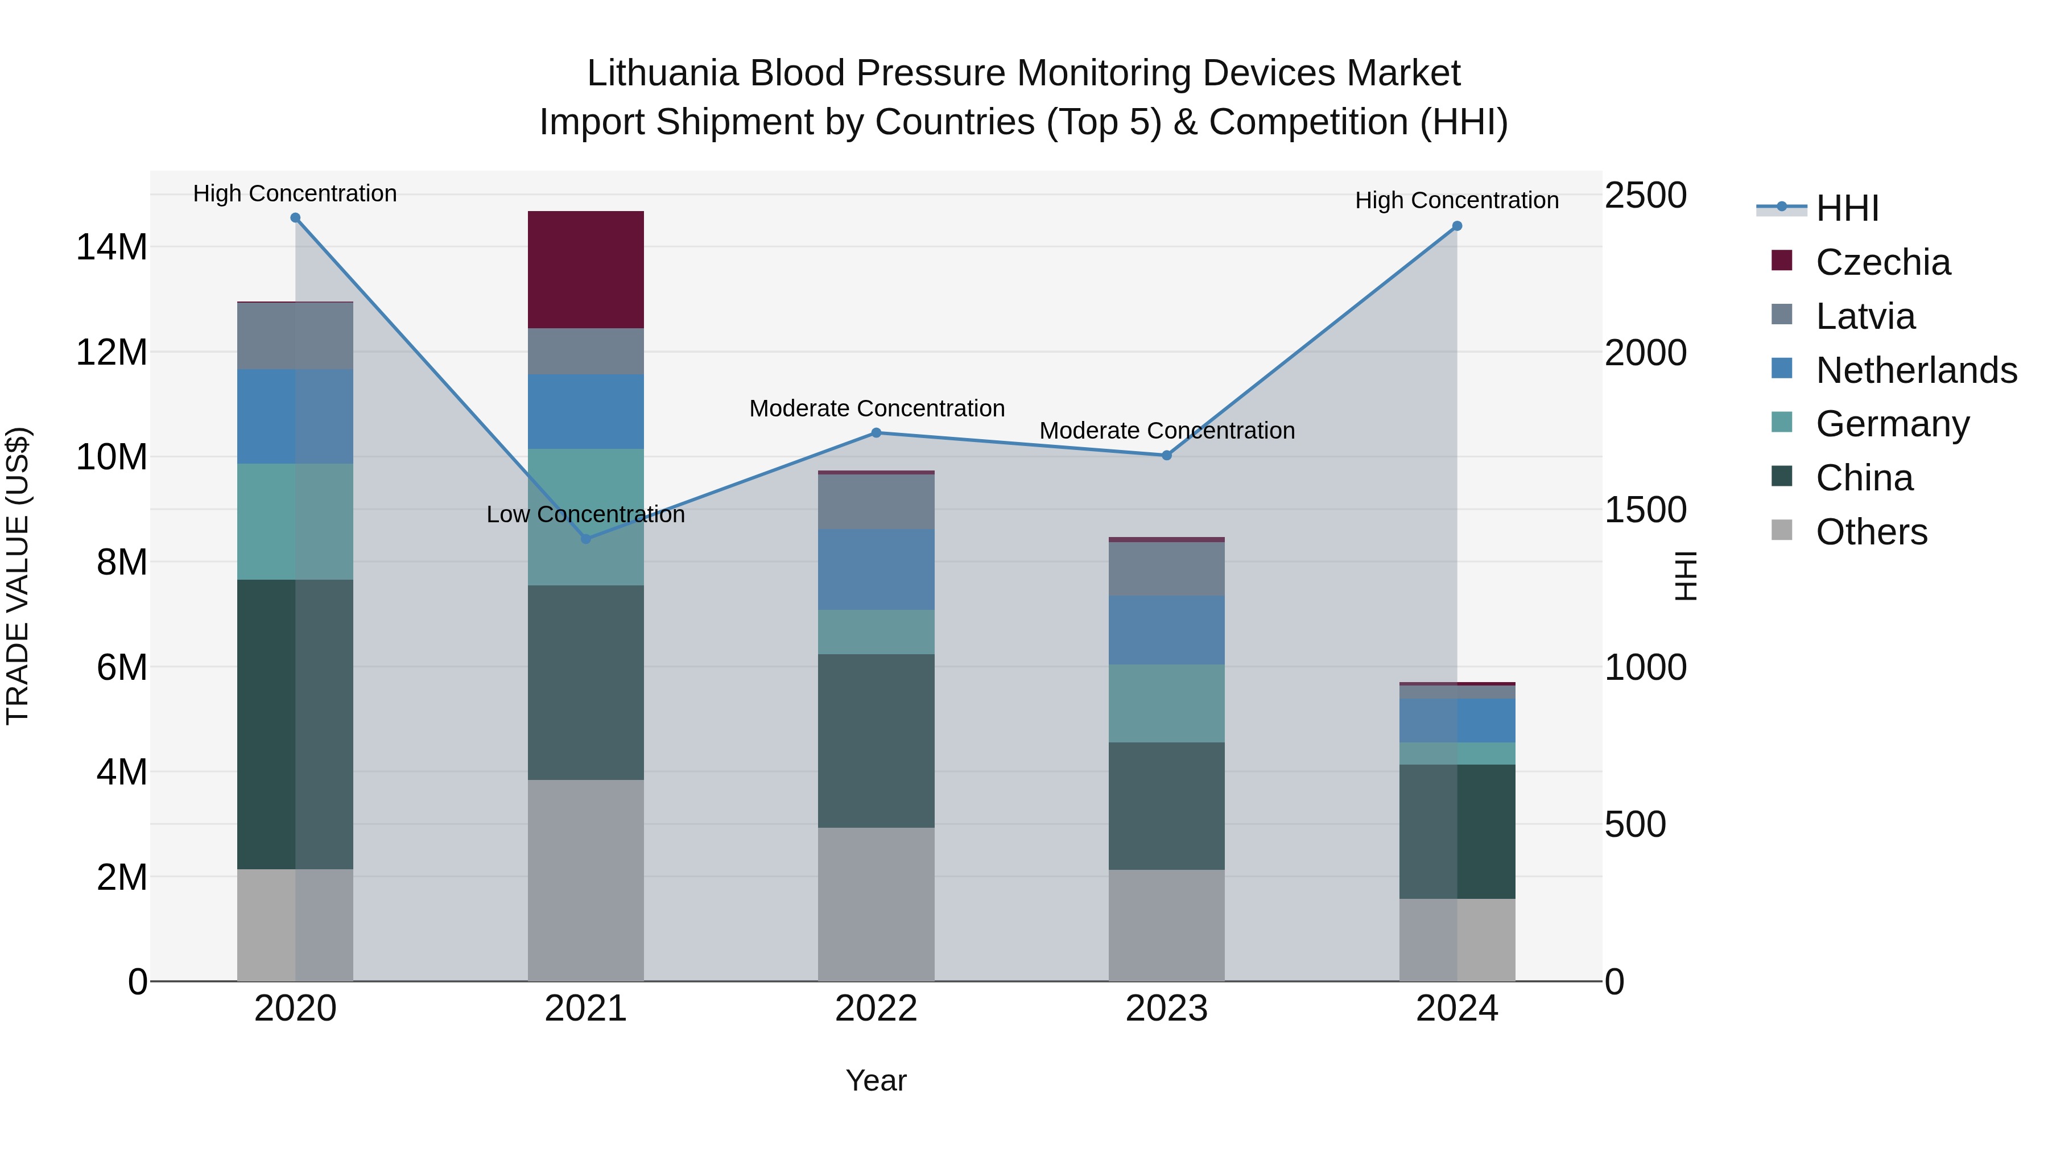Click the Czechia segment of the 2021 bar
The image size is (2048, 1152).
tap(585, 270)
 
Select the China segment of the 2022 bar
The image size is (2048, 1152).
tap(876, 740)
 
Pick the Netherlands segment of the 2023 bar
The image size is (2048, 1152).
tap(1166, 630)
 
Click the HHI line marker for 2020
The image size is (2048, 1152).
tap(295, 218)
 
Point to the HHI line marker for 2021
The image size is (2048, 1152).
tap(586, 539)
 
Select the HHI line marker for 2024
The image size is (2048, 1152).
tap(1456, 226)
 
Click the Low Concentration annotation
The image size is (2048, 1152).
tap(585, 514)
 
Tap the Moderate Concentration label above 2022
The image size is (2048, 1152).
tap(876, 408)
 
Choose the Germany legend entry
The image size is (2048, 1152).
tap(1892, 424)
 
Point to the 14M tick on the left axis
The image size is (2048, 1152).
tap(112, 247)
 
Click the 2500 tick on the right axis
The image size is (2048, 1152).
tap(1644, 196)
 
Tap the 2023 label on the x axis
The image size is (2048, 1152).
tap(1166, 1009)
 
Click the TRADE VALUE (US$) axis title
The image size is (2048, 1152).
tap(18, 576)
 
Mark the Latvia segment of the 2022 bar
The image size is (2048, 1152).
tap(876, 502)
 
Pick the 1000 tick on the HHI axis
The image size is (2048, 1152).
tap(1644, 668)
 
